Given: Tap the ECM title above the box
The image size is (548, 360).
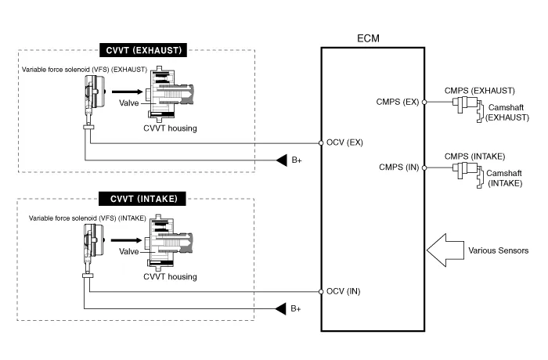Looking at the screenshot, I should pyautogui.click(x=372, y=37).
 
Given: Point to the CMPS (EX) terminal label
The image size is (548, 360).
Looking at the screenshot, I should pyautogui.click(x=399, y=102).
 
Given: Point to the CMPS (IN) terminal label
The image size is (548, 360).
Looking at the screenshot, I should pyautogui.click(x=400, y=166).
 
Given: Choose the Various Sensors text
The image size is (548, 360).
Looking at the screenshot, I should pyautogui.click(x=498, y=250).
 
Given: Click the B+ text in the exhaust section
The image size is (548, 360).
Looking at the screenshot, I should pyautogui.click(x=297, y=161).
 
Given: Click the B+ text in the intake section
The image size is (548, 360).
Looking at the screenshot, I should pyautogui.click(x=296, y=309).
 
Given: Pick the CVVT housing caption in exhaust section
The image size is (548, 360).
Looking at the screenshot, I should pyautogui.click(x=170, y=128).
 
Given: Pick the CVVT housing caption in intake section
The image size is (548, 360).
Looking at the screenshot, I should pyautogui.click(x=170, y=276).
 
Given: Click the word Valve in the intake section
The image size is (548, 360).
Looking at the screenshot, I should pyautogui.click(x=128, y=251).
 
